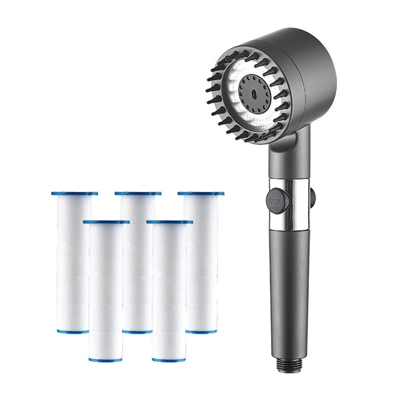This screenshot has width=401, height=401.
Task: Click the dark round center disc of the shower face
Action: [255, 94]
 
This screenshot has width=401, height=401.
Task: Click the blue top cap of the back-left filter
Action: [75, 193]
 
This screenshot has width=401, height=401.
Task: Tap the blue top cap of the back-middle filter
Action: [138, 193]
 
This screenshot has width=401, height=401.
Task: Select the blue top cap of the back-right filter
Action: [201, 193]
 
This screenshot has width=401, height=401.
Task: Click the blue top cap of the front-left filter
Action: [106, 222]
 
